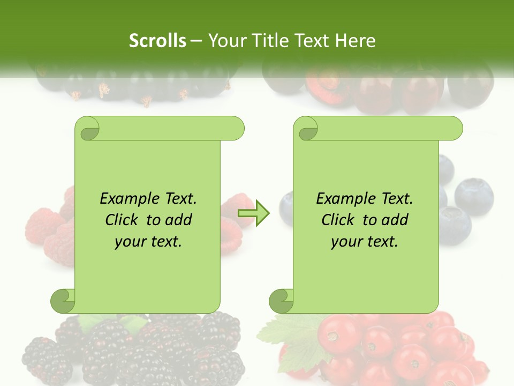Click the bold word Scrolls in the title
157,41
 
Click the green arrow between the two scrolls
253,213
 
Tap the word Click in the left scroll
123,220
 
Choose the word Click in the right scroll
339,220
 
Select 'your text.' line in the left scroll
148,241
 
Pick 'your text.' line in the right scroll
365,241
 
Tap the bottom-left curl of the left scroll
63,301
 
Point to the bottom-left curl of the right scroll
281,301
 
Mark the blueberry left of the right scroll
287,206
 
